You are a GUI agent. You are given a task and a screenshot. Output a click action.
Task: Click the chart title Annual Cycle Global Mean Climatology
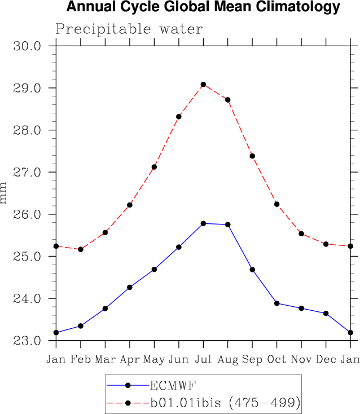point(203,7)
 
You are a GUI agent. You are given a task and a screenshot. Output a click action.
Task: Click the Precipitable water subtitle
point(129,29)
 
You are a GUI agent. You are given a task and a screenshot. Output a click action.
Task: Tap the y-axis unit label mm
point(5,193)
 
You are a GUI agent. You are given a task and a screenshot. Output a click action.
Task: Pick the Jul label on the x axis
point(203,359)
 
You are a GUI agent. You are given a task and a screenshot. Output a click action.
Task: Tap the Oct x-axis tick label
point(276,359)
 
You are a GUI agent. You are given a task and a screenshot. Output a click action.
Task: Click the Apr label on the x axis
point(130,359)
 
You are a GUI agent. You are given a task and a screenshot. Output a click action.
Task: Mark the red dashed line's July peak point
point(203,85)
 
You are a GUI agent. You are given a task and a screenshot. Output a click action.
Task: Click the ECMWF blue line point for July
point(203,223)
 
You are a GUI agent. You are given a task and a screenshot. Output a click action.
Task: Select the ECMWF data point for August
point(228,224)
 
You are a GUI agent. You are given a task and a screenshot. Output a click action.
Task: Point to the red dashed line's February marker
point(81,249)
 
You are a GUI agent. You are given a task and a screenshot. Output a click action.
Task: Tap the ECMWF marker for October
point(277,303)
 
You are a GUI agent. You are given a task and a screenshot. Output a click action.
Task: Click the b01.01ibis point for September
point(252,156)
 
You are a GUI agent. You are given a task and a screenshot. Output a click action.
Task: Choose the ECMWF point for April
point(130,287)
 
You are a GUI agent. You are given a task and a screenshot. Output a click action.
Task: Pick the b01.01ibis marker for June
point(179,117)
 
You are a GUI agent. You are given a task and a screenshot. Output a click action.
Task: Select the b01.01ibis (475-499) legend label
point(224,403)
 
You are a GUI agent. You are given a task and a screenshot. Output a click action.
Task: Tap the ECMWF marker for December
point(326,313)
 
